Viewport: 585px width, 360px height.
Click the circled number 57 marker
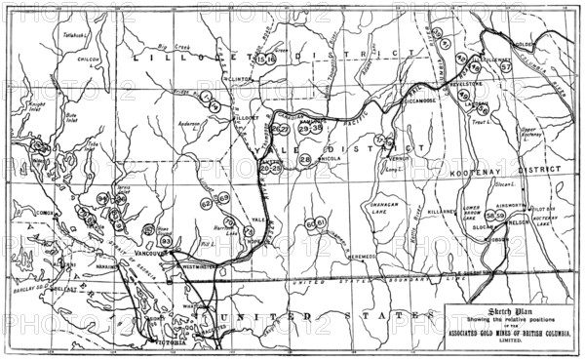(x=506, y=67)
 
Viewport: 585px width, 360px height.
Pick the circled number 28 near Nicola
(x=305, y=159)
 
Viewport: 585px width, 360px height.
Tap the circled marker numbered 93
(x=166, y=240)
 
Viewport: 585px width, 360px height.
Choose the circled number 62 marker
(x=207, y=204)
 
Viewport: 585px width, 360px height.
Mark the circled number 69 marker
(x=223, y=199)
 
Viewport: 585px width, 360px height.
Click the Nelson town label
(x=520, y=222)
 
